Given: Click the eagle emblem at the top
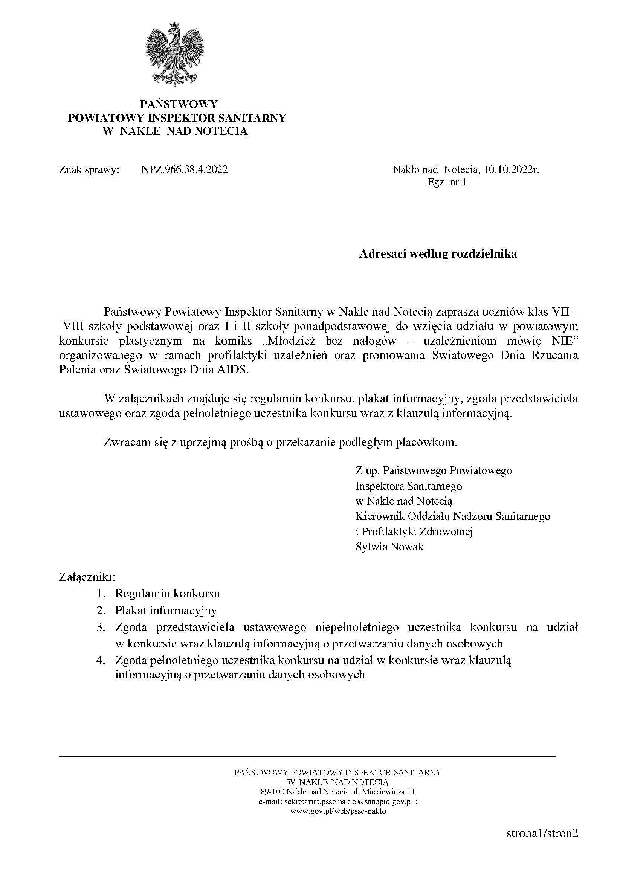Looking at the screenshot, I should click(175, 54).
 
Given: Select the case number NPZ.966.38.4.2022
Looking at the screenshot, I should click(184, 169).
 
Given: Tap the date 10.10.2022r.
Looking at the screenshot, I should click(512, 169).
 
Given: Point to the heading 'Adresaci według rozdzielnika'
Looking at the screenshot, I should click(438, 253).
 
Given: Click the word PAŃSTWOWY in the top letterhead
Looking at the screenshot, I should click(179, 104).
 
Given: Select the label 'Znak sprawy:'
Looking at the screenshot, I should click(89, 169).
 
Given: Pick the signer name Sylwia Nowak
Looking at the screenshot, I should click(389, 547).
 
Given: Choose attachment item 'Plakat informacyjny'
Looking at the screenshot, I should click(166, 611).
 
